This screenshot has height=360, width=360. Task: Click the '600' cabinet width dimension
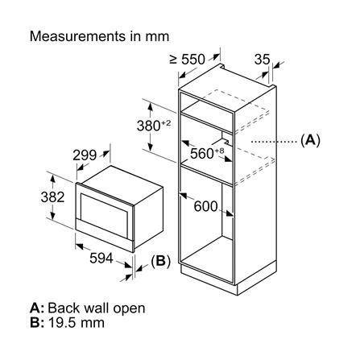pos(206,206)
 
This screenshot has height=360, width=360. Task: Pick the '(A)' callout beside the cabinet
pos(309,140)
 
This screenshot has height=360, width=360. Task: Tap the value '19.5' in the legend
pos(62,323)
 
